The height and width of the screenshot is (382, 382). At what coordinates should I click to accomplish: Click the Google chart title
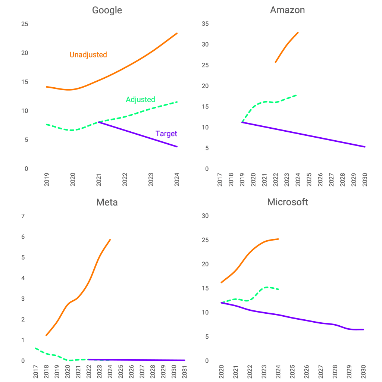click(x=107, y=10)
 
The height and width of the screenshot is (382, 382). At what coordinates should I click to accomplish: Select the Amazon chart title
click(x=287, y=10)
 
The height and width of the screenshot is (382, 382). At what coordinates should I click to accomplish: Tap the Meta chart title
click(x=107, y=202)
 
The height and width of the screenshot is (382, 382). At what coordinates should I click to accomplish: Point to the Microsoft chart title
click(x=287, y=202)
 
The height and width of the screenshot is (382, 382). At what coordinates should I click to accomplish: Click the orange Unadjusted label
click(x=88, y=55)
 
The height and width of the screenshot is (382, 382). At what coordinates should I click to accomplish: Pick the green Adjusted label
click(x=140, y=100)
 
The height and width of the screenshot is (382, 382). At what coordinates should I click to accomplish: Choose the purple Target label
click(x=166, y=134)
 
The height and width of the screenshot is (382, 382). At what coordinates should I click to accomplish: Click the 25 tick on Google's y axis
click(x=25, y=24)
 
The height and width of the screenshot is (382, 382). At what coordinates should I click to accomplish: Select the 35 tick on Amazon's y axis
click(x=205, y=24)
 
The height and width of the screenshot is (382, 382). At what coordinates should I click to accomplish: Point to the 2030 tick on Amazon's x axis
click(x=364, y=180)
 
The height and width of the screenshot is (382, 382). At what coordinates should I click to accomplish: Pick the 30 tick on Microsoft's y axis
click(x=205, y=216)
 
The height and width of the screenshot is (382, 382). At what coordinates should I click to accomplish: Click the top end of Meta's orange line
click(x=110, y=239)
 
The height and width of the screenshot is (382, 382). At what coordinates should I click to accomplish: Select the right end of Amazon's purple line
click(x=365, y=147)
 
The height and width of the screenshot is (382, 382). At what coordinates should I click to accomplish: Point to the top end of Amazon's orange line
click(x=298, y=32)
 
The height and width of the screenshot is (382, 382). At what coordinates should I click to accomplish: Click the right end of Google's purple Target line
click(x=177, y=147)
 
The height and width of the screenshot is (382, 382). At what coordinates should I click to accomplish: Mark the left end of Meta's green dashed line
click(x=35, y=348)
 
